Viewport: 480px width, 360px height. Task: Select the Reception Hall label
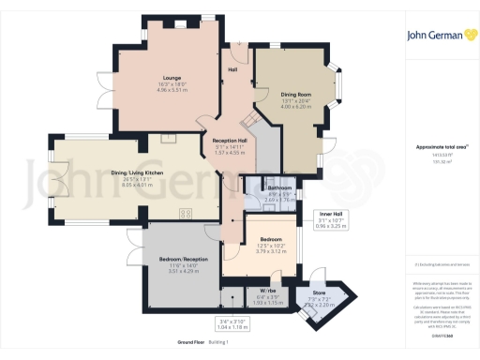click(x=229, y=140)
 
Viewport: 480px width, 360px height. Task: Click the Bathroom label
click(x=266, y=187)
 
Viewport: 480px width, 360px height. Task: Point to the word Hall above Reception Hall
click(x=232, y=68)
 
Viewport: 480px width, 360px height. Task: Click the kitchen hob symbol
click(x=186, y=212)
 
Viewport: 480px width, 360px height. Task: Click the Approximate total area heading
click(x=437, y=148)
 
